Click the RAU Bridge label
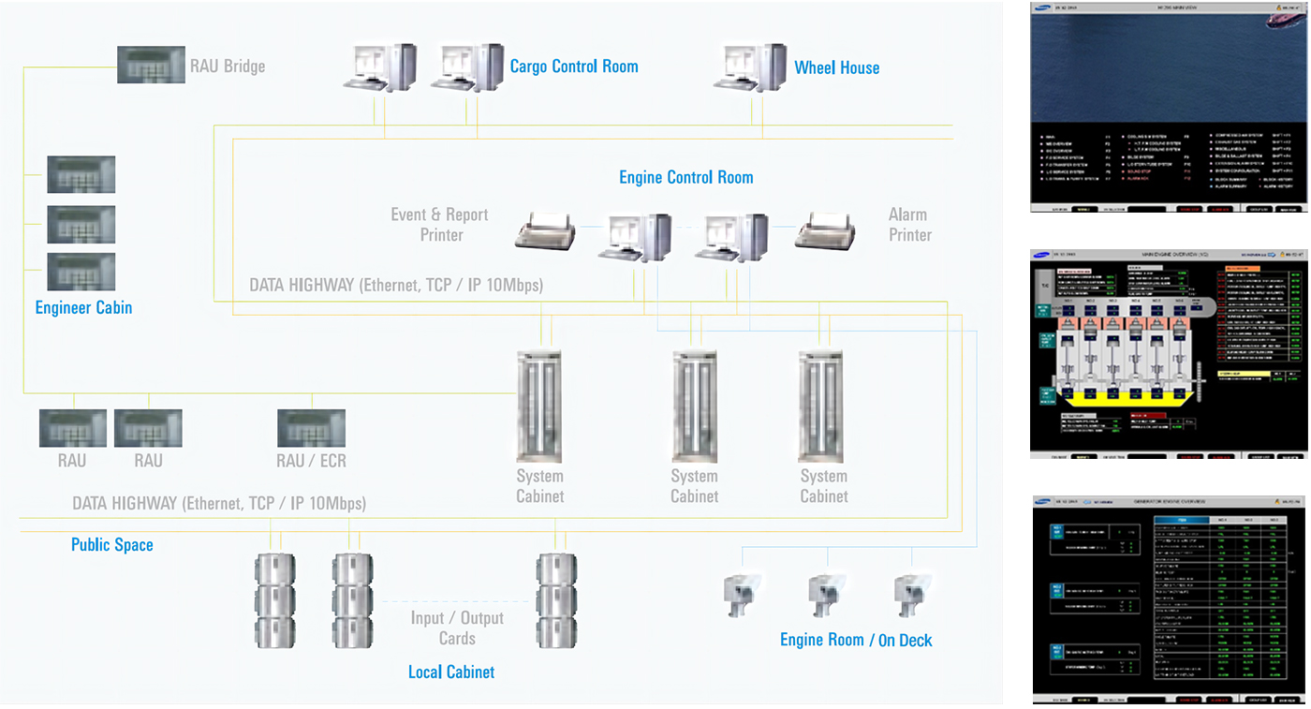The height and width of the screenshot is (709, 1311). pyautogui.click(x=227, y=66)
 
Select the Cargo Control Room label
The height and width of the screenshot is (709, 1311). pyautogui.click(x=573, y=66)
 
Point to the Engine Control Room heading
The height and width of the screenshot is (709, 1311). pyautogui.click(x=685, y=177)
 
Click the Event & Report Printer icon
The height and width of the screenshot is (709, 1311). pyautogui.click(x=545, y=231)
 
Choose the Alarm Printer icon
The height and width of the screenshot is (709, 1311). pyautogui.click(x=825, y=231)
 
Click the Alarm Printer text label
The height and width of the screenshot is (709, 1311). pyautogui.click(x=908, y=226)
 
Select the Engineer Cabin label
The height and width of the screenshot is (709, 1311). pyautogui.click(x=83, y=307)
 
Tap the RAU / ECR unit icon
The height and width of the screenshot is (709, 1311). pyautogui.click(x=311, y=428)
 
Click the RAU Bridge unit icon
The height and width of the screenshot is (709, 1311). pyautogui.click(x=150, y=65)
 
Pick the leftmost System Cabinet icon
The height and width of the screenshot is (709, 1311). pyautogui.click(x=539, y=406)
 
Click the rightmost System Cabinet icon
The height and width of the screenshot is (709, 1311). pyautogui.click(x=822, y=406)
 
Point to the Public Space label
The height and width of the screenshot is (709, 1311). pyautogui.click(x=111, y=544)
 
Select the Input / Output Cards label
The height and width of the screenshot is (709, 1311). pyautogui.click(x=457, y=628)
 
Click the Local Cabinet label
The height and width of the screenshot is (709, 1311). pyautogui.click(x=451, y=672)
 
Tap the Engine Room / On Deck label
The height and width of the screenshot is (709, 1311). pyautogui.click(x=856, y=640)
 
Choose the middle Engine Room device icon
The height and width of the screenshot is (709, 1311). pyautogui.click(x=826, y=594)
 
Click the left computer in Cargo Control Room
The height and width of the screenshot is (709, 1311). pyautogui.click(x=380, y=67)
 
